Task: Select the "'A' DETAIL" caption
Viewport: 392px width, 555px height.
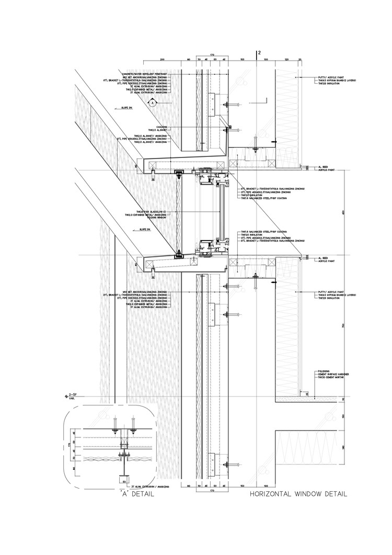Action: pyautogui.click(x=136, y=493)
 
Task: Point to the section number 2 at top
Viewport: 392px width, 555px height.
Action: pyautogui.click(x=259, y=53)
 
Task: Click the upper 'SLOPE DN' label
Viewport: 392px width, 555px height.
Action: pyautogui.click(x=126, y=108)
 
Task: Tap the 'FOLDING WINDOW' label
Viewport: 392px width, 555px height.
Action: pyautogui.click(x=158, y=218)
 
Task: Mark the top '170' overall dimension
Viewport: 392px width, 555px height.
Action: pyautogui.click(x=212, y=54)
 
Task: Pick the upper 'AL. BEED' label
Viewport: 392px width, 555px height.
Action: pyautogui.click(x=322, y=167)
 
